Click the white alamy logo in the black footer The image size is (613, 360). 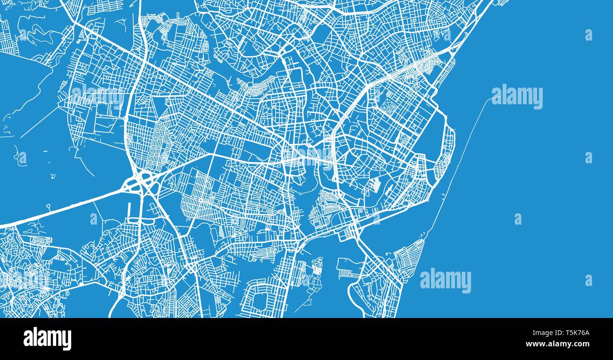[x=47, y=339]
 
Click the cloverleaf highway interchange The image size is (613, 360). [x=141, y=182]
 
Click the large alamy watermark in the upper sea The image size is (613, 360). [x=517, y=97]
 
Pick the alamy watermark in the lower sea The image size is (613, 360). [x=445, y=280]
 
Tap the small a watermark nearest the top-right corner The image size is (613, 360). [x=588, y=35]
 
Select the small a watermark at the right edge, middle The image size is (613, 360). [x=588, y=158]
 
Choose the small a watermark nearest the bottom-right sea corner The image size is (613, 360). [x=588, y=280]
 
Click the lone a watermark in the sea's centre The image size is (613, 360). [x=517, y=219]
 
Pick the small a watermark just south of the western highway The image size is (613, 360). [x=93, y=219]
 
